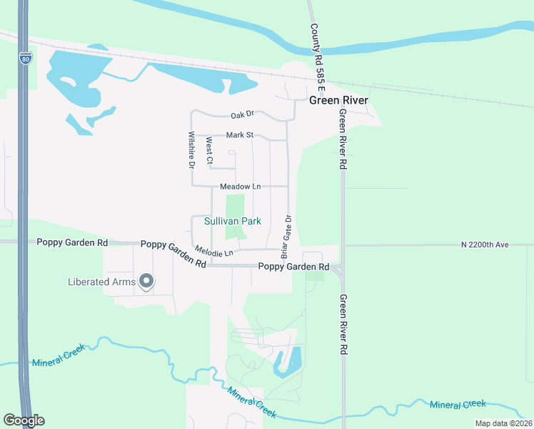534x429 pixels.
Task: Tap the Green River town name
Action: (338, 100)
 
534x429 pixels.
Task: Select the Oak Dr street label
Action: (242, 115)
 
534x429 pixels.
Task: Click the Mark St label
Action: (240, 134)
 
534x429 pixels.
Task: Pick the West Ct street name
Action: (208, 152)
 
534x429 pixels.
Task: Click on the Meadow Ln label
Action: (240, 187)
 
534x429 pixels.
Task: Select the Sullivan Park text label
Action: (233, 222)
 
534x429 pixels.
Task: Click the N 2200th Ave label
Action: (485, 245)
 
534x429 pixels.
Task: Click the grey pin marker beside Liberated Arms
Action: (146, 281)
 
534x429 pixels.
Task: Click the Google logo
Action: (24, 420)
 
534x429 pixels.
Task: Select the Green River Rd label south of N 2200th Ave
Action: (343, 325)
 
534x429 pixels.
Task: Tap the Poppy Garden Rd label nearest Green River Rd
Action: (293, 267)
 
